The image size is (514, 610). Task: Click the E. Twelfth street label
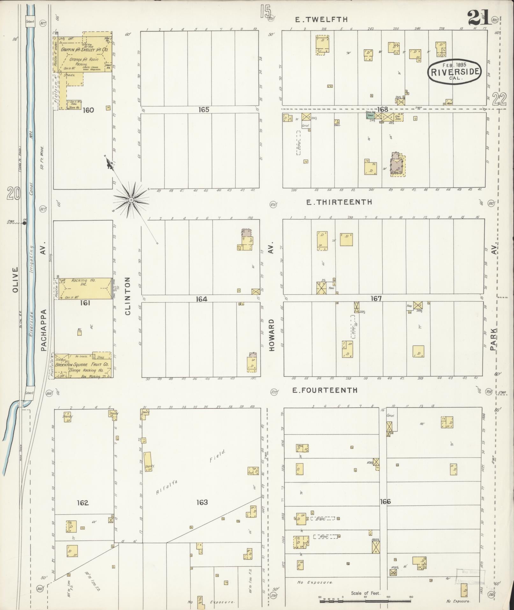(321, 19)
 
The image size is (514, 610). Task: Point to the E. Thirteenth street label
(339, 202)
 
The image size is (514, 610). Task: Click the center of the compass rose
(131, 200)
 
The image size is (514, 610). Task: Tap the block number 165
(204, 110)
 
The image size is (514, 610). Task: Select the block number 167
(376, 298)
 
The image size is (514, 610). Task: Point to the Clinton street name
(128, 296)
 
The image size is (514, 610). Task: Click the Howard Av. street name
(271, 335)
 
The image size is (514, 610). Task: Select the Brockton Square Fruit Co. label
(82, 364)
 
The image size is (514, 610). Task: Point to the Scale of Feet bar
(365, 601)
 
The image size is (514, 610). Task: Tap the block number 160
(88, 110)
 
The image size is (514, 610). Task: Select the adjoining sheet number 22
(499, 99)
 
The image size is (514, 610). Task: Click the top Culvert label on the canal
(30, 22)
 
